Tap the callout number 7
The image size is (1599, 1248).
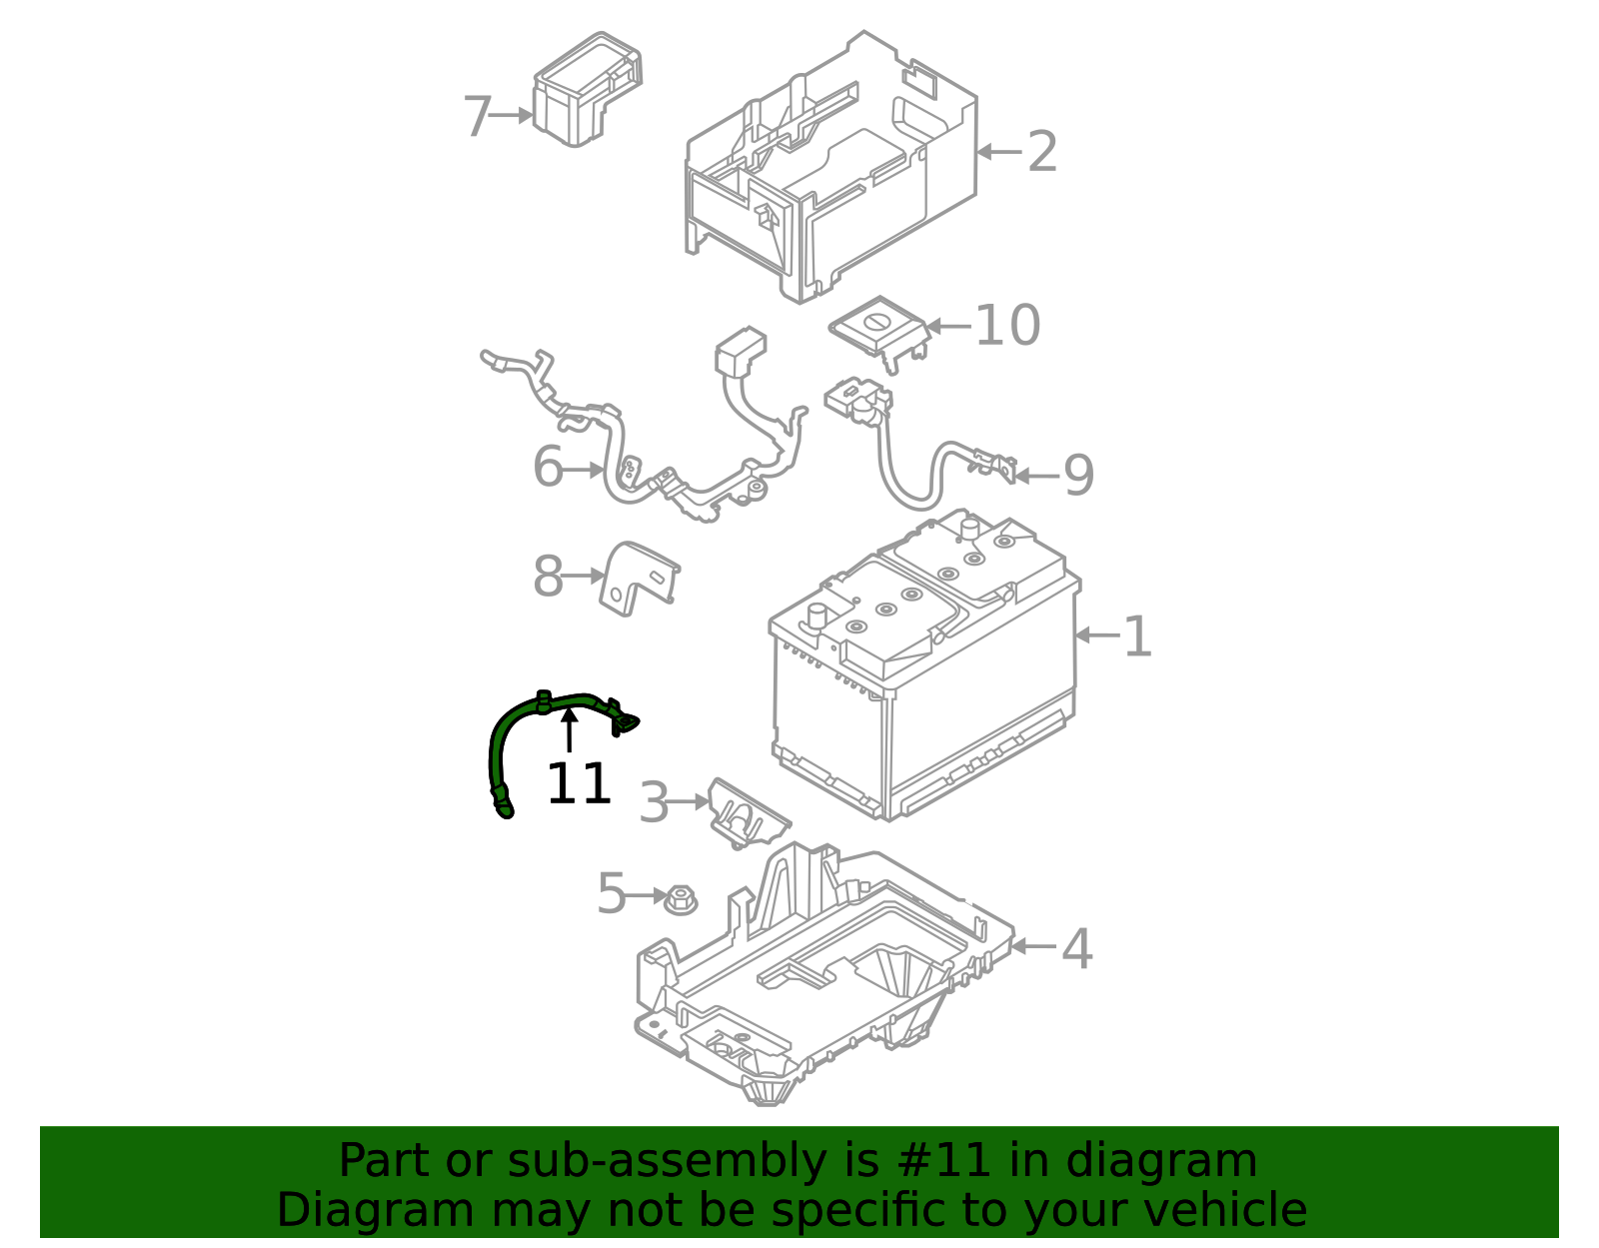click(x=477, y=117)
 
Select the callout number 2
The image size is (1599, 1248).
click(x=1041, y=152)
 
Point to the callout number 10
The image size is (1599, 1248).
click(x=1006, y=326)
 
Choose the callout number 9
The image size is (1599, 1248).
click(x=1078, y=476)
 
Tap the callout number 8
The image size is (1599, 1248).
click(x=548, y=577)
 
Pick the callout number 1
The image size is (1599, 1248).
click(x=1137, y=635)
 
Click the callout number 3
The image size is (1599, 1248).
click(x=653, y=802)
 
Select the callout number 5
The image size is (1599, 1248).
click(x=611, y=893)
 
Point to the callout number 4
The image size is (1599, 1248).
click(x=1076, y=948)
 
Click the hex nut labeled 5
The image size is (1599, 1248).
click(x=681, y=899)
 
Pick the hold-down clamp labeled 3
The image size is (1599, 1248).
click(x=746, y=813)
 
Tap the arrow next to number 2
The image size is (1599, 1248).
click(x=998, y=152)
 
